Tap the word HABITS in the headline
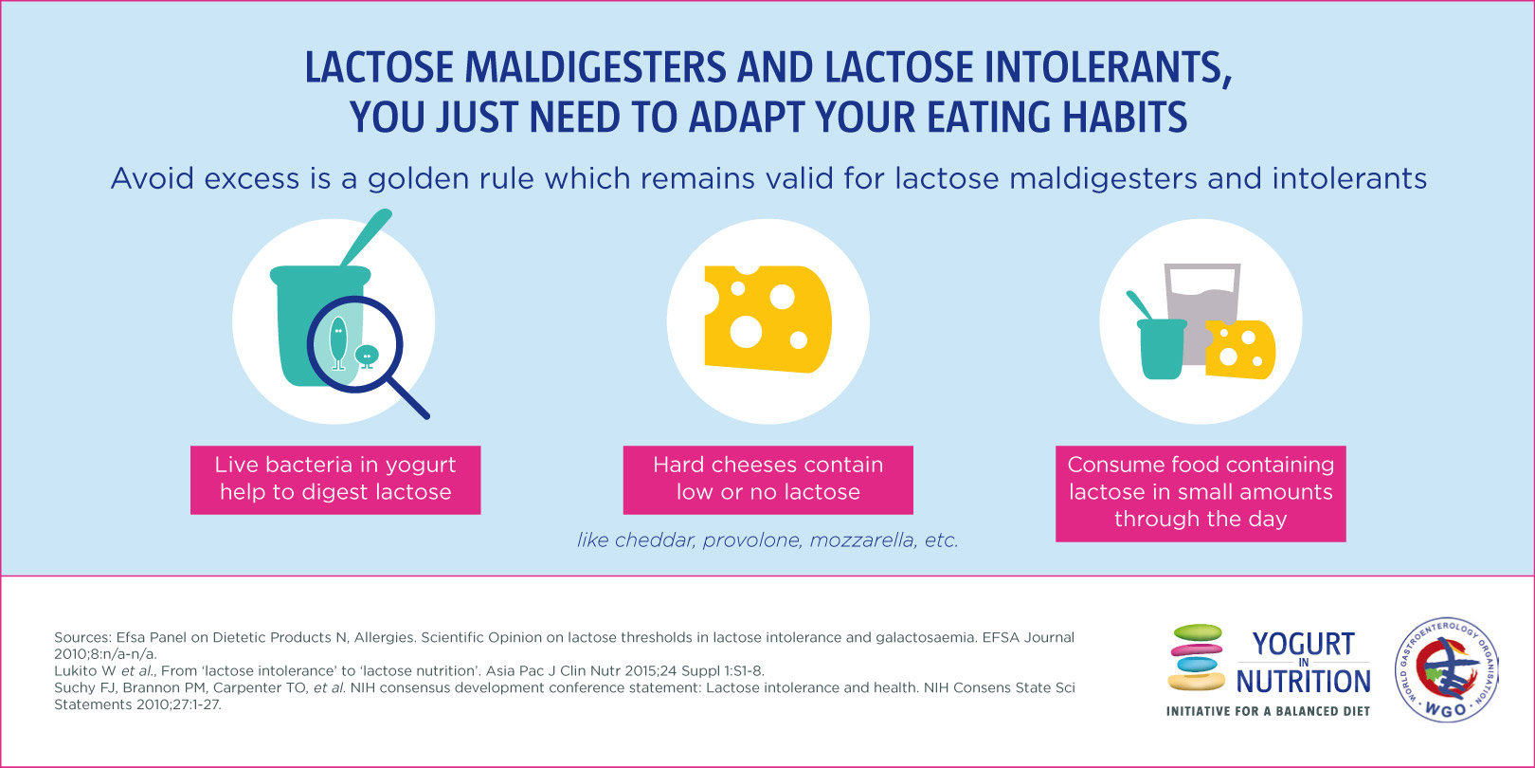click(1125, 118)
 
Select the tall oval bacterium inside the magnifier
click(338, 343)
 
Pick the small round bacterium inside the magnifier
click(367, 356)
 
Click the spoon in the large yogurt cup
click(367, 236)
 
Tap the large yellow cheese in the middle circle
click(768, 319)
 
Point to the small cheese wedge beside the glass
click(1240, 350)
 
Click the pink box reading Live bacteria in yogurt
click(335, 480)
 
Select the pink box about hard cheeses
click(768, 480)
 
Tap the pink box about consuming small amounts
click(1201, 494)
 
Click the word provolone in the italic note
click(751, 541)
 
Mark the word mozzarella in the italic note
click(862, 540)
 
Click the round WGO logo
click(1446, 669)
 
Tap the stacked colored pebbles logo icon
click(1196, 657)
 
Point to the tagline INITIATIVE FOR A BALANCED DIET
click(1268, 711)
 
